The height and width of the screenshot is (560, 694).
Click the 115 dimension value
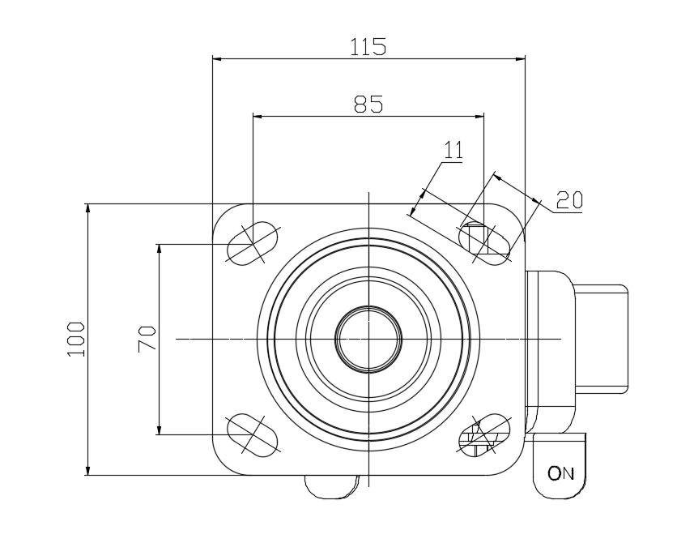point(368,46)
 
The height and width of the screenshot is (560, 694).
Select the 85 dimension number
point(368,104)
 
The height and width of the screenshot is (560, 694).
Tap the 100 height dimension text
point(75,340)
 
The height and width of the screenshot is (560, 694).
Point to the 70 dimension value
point(147,339)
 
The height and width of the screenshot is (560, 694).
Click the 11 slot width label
point(453,150)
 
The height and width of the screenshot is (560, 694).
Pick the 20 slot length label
point(569,200)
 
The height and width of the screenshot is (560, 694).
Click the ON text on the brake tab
point(560,473)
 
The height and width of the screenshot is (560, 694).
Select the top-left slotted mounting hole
point(253,244)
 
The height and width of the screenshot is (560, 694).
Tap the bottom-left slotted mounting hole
point(253,434)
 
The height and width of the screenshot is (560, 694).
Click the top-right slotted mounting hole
point(484,244)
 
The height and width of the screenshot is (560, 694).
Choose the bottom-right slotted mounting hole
point(484,434)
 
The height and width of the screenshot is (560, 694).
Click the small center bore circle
point(368,340)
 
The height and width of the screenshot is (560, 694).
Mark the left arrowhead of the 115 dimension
point(217,58)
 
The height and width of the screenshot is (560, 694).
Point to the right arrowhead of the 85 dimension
point(479,117)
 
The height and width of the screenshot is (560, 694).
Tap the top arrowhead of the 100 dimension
point(87,208)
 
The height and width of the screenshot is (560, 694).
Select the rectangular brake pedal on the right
point(601,340)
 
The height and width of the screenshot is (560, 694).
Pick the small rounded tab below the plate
point(332,487)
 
